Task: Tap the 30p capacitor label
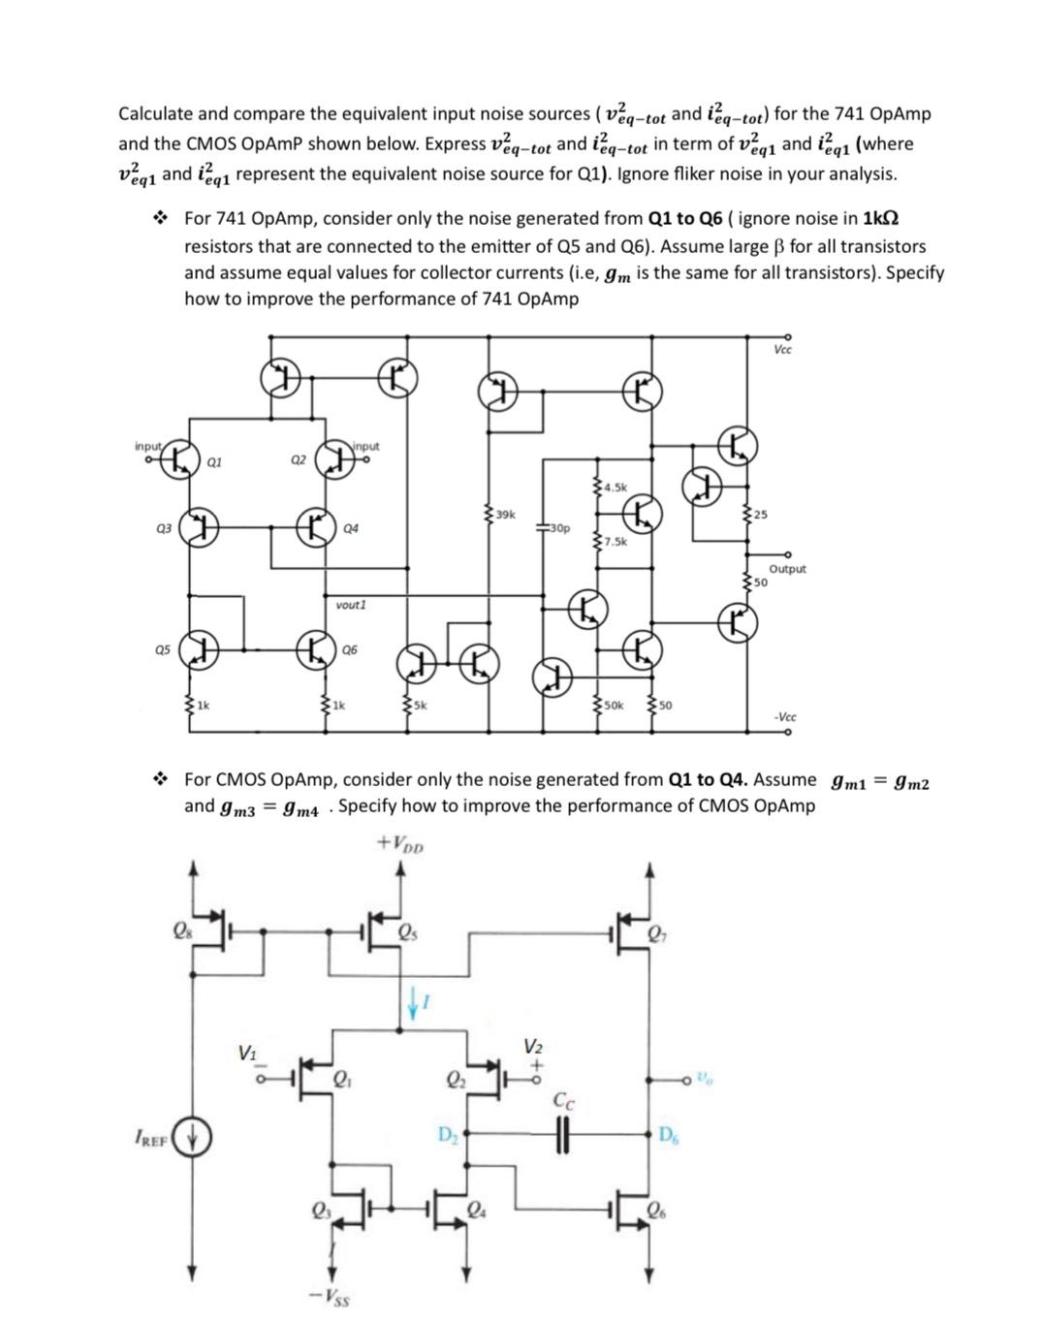pos(559,528)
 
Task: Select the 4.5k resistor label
pos(616,487)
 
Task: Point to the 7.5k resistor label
pos(616,541)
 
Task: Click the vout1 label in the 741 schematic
pos(351,605)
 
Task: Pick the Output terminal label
pos(787,569)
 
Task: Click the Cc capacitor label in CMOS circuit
pos(563,1100)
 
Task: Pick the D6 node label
pos(669,1135)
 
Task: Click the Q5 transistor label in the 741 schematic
pos(162,650)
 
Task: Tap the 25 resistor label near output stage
pos(761,514)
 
